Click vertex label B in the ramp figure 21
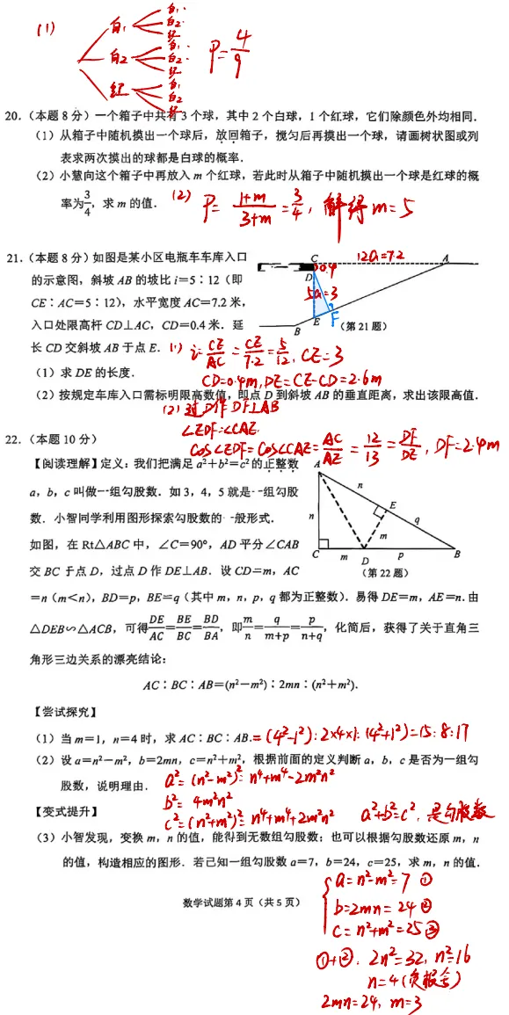tap(297, 331)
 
